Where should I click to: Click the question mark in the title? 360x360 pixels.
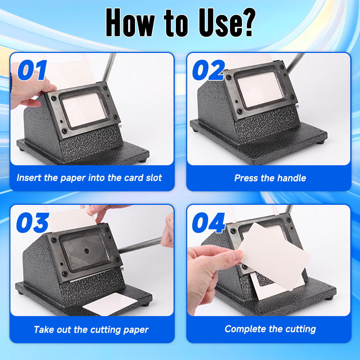248,22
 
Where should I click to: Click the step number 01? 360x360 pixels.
32,70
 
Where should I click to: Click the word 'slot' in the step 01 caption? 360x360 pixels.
154,178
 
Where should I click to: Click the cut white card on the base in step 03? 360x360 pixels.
110,304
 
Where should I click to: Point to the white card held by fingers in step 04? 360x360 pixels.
274,256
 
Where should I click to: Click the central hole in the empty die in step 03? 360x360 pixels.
86,251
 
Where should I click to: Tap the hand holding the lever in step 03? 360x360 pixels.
168,231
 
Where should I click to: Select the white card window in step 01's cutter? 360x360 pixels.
84,109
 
